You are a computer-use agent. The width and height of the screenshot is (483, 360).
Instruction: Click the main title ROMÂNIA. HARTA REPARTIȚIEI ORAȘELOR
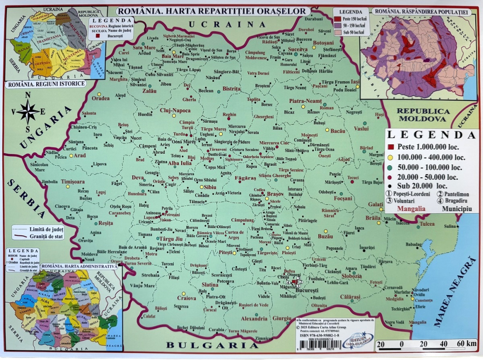(x=212, y=11)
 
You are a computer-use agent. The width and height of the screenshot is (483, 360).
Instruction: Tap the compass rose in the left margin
(x=28, y=112)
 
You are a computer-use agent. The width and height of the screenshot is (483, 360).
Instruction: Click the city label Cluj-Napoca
(x=175, y=110)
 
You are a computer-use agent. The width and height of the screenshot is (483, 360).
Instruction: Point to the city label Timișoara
(x=73, y=181)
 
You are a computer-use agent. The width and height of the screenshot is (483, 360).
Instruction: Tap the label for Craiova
(x=186, y=298)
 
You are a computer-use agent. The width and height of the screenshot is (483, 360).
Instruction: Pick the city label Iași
(x=355, y=81)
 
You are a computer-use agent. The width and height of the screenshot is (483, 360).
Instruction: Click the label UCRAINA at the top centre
(x=227, y=24)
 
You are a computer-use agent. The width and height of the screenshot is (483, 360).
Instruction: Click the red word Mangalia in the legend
(x=411, y=209)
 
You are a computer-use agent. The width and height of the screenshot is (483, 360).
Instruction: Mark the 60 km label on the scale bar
(x=468, y=344)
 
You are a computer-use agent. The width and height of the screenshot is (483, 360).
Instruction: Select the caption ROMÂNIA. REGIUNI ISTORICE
(x=46, y=84)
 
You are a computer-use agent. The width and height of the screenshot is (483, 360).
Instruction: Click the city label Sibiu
(x=210, y=187)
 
